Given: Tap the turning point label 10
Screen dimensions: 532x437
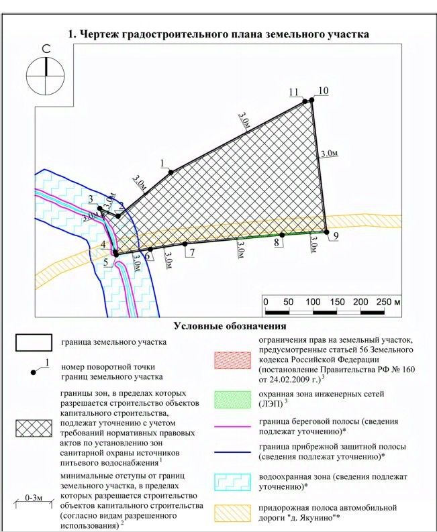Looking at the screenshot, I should (324, 91).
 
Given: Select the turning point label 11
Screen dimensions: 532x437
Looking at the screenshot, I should (293, 92).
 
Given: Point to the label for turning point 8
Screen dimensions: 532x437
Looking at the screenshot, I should (277, 244).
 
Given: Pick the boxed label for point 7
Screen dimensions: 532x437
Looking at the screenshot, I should (192, 253).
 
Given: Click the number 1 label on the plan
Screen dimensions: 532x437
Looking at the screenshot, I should (162, 163).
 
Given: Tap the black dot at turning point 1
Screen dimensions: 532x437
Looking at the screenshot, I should (171, 172).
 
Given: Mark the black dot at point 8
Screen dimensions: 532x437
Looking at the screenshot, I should (283, 235).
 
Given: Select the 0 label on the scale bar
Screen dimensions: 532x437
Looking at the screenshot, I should (266, 302).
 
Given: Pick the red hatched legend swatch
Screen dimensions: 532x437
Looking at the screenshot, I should (234, 360).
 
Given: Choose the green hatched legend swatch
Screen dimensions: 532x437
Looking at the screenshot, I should (234, 399).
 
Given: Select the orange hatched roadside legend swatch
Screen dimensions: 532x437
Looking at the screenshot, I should (234, 512).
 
